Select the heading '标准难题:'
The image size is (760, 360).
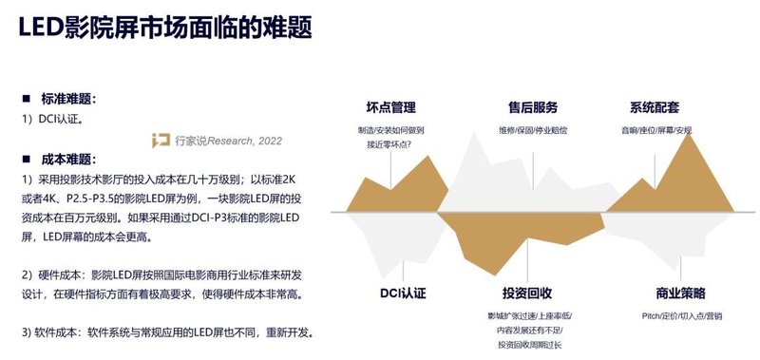[x=68, y=99]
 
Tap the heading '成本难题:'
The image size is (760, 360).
[x=68, y=159]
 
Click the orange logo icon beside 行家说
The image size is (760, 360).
[x=161, y=141]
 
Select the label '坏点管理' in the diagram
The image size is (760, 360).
[x=390, y=107]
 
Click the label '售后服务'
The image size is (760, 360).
[x=532, y=107]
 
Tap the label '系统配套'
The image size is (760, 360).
[x=655, y=107]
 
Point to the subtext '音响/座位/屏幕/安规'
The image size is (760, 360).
[x=656, y=129]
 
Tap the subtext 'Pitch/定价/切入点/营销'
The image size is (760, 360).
[x=682, y=314]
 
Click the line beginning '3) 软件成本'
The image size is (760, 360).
[x=166, y=332]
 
